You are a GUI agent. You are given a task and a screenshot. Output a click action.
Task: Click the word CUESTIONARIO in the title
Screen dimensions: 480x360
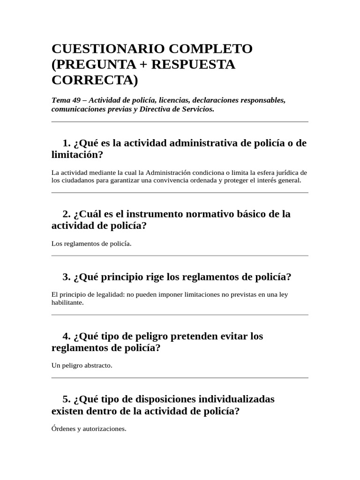point(106,49)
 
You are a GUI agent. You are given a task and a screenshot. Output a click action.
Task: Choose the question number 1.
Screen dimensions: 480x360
point(66,143)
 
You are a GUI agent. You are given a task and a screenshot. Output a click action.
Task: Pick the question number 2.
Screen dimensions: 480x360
point(66,214)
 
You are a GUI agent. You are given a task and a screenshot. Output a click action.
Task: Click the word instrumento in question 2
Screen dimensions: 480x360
point(157,214)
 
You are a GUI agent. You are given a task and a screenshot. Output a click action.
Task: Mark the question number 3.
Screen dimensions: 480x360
point(66,277)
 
